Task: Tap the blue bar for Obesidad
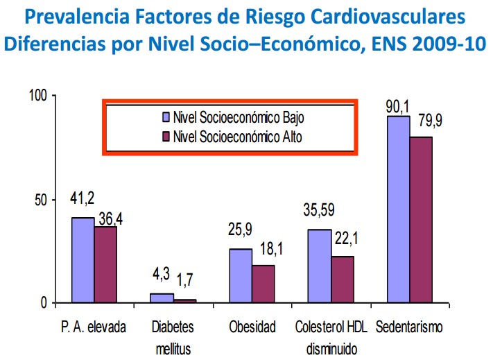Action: coord(241,276)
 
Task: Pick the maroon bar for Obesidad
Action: coord(263,284)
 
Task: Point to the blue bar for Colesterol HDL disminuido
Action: coord(320,266)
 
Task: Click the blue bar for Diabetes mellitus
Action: coord(162,298)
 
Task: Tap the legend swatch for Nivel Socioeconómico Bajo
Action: coord(166,116)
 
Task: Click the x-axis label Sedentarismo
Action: coord(408,327)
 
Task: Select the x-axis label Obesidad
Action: coord(252,327)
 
